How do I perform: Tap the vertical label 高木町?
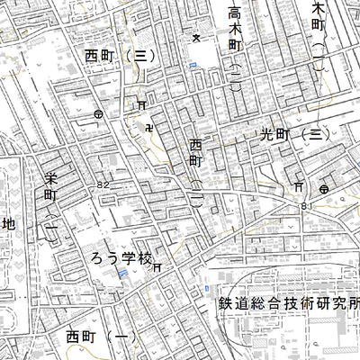(235, 28)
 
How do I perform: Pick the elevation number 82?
(104, 184)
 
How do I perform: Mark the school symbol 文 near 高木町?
(196, 38)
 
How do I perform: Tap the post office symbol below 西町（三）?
(98, 114)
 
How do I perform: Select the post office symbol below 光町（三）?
(322, 188)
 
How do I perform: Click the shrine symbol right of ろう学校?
(157, 267)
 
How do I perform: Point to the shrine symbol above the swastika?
(141, 106)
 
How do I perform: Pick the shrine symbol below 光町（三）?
(297, 187)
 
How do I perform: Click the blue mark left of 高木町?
(192, 66)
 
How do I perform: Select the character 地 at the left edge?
(9, 224)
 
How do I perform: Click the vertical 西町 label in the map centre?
(196, 153)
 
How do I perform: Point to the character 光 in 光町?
(266, 134)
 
